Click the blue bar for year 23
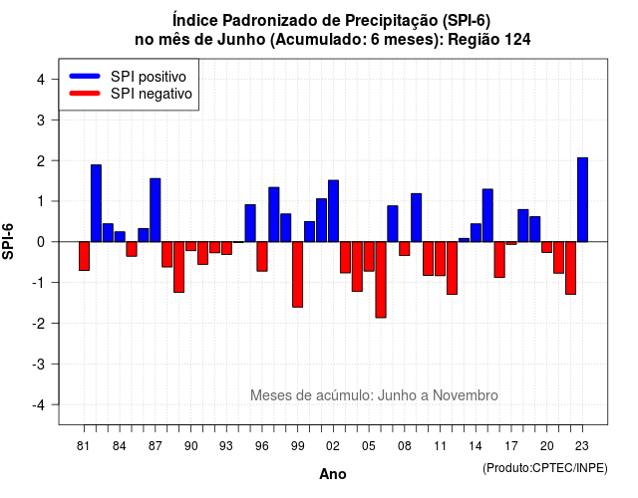[x=582, y=199]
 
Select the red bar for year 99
[x=297, y=275]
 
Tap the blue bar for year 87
[x=156, y=210]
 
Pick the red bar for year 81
[x=84, y=256]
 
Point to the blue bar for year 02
[x=333, y=211]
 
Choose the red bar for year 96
[x=262, y=257]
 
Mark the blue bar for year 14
[x=476, y=232]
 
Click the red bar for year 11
[x=440, y=259]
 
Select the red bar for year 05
[x=369, y=257]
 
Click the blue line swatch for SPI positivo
[x=85, y=76]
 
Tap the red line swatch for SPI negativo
[x=85, y=93]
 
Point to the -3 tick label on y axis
[x=40, y=365]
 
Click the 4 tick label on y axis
[x=41, y=80]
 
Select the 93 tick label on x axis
[x=226, y=446]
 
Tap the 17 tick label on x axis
[x=511, y=446]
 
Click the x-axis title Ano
[x=333, y=474]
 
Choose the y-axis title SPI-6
[x=8, y=241]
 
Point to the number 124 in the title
[x=517, y=40]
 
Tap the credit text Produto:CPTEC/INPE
[x=545, y=468]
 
